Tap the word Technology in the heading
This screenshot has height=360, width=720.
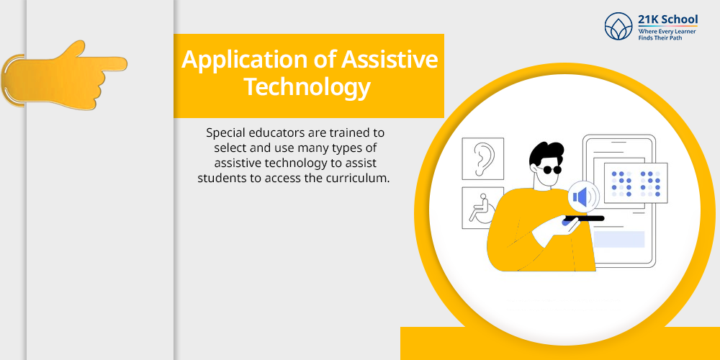click(307, 86)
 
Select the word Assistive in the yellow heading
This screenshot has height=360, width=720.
click(390, 59)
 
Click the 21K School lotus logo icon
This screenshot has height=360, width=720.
click(618, 26)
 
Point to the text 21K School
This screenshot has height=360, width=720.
click(667, 19)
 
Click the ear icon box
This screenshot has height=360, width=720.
click(482, 158)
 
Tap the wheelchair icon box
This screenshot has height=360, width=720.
click(480, 207)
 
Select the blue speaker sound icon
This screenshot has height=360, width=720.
click(583, 197)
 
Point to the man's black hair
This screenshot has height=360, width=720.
click(546, 154)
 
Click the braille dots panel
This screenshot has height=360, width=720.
click(636, 183)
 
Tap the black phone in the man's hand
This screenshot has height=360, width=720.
click(584, 219)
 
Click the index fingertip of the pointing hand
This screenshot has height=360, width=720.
click(124, 63)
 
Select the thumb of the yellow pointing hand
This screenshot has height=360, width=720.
click(74, 50)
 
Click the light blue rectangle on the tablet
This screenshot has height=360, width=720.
click(619, 239)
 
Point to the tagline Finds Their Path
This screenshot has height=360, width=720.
click(660, 37)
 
